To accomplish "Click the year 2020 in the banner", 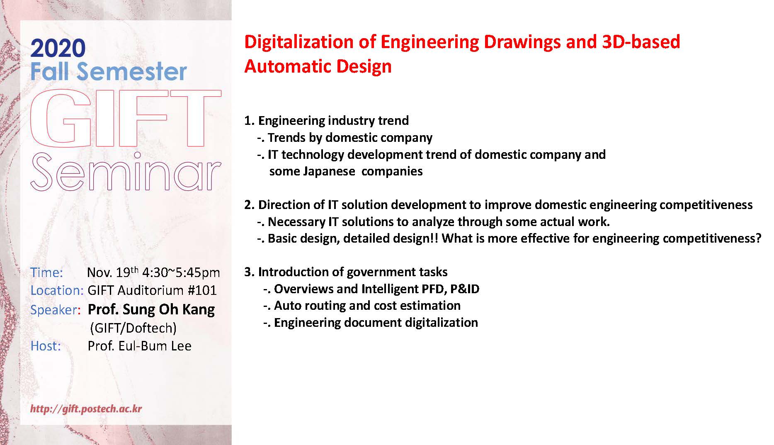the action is point(58,49).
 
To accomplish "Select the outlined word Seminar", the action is point(126,172).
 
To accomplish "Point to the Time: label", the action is point(46,272).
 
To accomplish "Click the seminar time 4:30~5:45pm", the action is point(181,272).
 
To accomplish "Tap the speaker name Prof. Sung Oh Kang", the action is point(151,310).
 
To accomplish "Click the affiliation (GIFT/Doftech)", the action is point(133,328).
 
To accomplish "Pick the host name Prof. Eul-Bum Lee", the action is point(140,346).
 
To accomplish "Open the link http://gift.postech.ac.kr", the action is point(86,409).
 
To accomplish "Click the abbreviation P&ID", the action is point(465,289).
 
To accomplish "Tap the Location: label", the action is point(57,290).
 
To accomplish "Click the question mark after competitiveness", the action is point(758,238).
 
